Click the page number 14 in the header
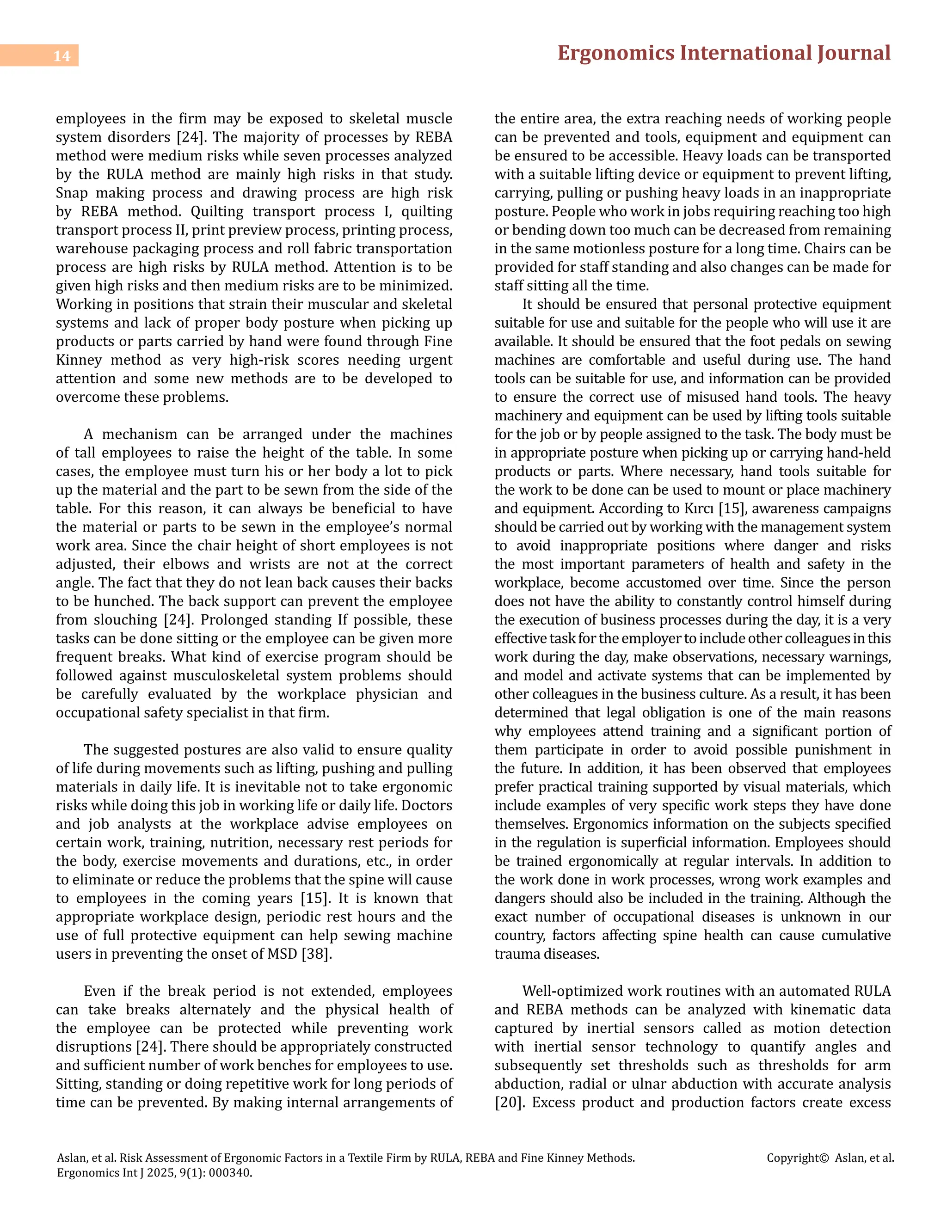pyautogui.click(x=61, y=56)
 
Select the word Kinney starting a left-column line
pyautogui.click(x=79, y=360)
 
